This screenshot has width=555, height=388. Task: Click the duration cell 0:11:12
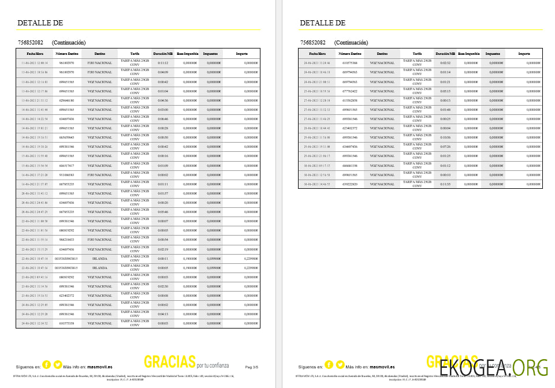tap(163, 63)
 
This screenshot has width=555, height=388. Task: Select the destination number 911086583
tap(66, 174)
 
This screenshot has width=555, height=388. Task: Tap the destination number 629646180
tap(66, 100)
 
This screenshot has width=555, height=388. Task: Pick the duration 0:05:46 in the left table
tap(163, 212)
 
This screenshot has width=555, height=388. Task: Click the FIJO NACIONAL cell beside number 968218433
tap(99, 240)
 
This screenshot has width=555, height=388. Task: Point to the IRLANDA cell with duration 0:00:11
tap(99, 258)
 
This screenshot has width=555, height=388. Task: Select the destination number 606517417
tap(66, 165)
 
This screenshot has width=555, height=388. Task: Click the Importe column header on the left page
tap(242, 54)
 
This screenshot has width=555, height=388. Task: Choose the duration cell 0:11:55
tap(445, 184)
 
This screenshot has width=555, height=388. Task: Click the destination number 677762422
tap(350, 91)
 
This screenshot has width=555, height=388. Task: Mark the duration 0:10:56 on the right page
tap(445, 137)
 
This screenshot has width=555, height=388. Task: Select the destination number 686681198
tap(350, 166)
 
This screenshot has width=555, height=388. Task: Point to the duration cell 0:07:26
tap(445, 147)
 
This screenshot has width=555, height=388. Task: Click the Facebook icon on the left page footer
tap(47, 364)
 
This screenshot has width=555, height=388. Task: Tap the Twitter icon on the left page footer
tap(58, 364)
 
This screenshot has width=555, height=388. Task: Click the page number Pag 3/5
tap(252, 367)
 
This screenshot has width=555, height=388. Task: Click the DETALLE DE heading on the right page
tap(322, 23)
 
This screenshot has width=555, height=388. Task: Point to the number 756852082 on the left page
tap(31, 43)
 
